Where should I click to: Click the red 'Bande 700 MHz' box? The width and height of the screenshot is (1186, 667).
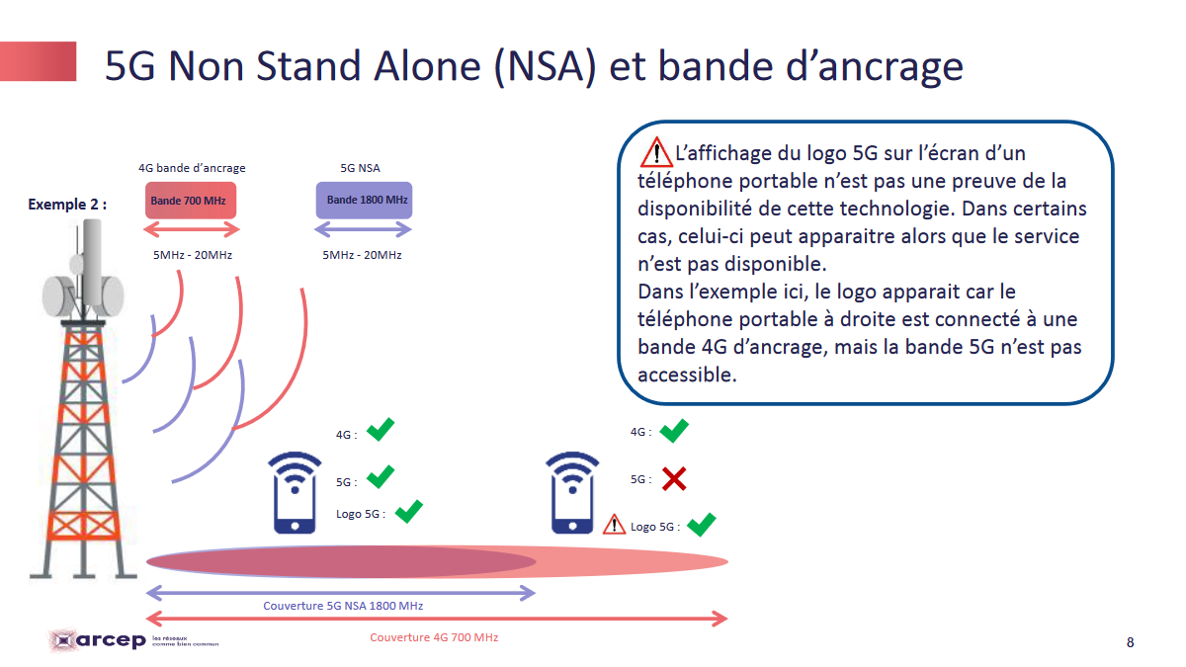pos(191,200)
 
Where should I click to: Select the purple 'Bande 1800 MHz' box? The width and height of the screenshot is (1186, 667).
pos(365,200)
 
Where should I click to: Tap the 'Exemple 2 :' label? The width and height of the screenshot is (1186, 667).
pos(67,205)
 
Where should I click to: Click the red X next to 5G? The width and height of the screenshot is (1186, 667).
pos(674,479)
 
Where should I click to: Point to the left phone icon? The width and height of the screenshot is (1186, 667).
pos(295,493)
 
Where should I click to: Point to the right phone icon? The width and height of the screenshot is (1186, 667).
pos(572,493)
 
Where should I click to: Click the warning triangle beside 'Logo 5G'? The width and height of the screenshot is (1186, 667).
pos(614,524)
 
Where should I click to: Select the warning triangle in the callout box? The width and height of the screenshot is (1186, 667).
pos(656,152)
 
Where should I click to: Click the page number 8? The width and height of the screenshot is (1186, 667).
pos(1130,642)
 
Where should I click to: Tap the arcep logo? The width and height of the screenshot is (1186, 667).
pos(132,640)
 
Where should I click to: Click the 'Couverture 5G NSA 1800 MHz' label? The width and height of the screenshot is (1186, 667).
pos(343,606)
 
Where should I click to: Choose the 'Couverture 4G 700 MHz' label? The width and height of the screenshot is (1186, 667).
pos(434,637)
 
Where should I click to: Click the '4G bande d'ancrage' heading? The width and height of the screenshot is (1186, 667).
pos(192,168)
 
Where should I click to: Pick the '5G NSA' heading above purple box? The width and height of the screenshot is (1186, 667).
pos(360,168)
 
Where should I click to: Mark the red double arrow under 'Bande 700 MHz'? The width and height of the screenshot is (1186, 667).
pos(192,229)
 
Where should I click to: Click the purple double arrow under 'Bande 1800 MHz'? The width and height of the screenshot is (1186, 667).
pos(364,229)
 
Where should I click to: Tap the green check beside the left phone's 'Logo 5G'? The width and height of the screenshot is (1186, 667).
pos(409,512)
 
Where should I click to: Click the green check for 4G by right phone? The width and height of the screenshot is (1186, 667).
pos(674,431)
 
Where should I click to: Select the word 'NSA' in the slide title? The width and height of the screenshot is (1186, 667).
pos(546,66)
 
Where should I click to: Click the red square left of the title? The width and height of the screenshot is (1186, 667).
pos(39,61)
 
